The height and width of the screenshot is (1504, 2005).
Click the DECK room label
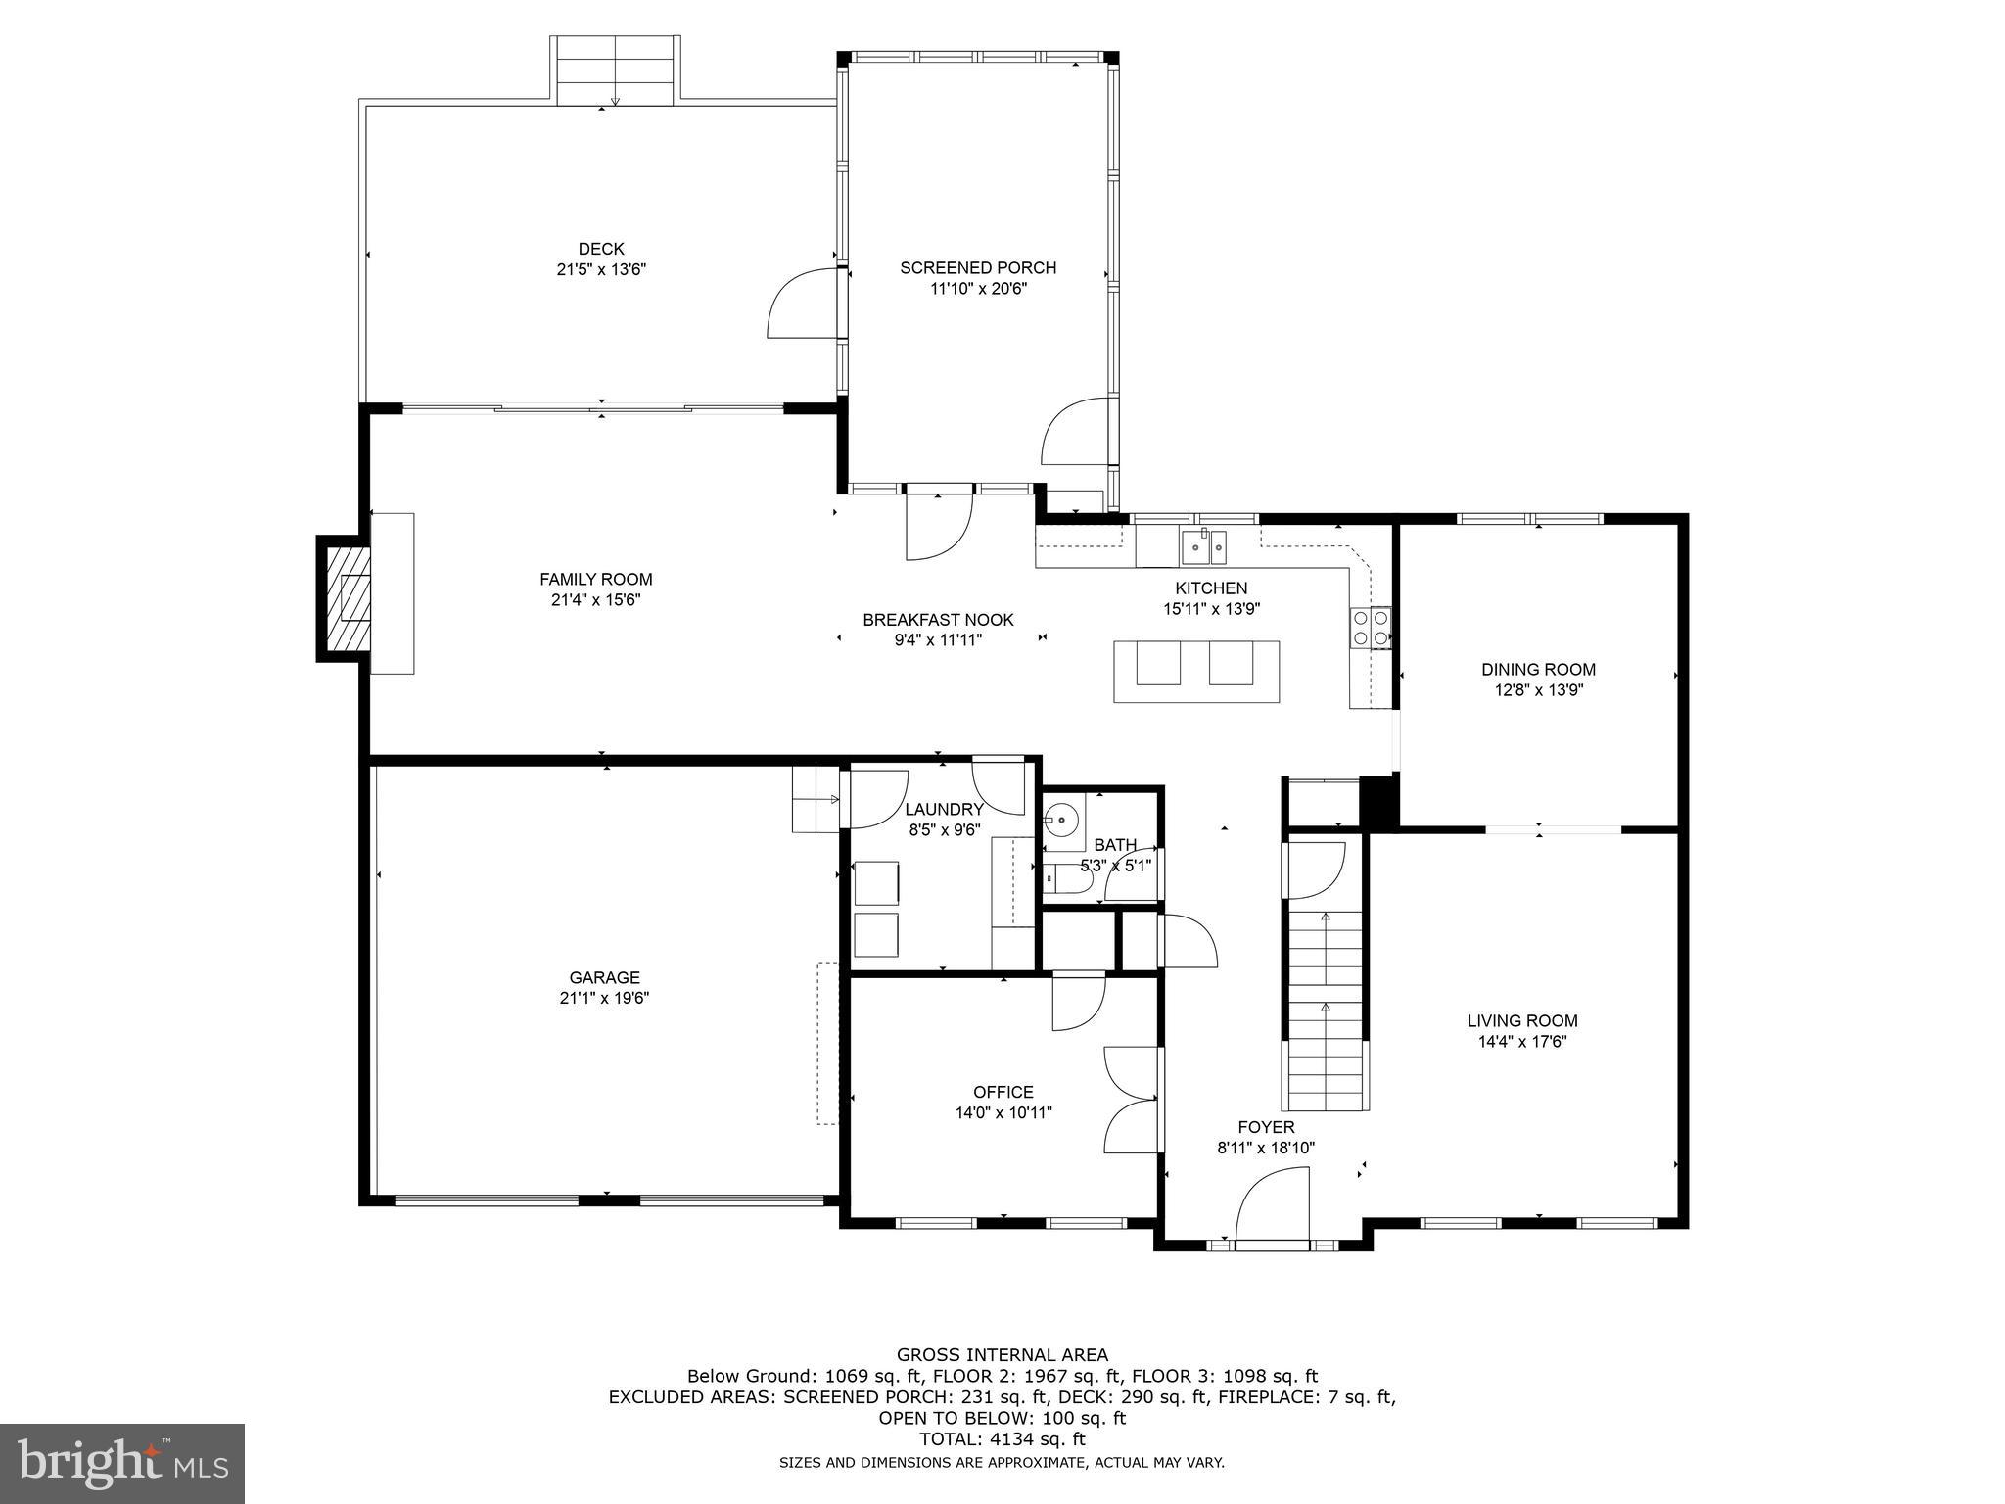click(600, 249)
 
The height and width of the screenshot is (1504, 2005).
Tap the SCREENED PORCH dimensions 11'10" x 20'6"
click(978, 289)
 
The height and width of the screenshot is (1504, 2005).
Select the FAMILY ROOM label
click(595, 579)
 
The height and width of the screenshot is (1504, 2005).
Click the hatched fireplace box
click(345, 599)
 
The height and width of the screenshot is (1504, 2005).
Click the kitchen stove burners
click(1371, 628)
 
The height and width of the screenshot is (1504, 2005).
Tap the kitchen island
click(1195, 671)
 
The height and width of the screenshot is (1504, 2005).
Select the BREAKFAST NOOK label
click(938, 620)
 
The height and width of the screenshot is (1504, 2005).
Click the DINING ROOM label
click(1538, 670)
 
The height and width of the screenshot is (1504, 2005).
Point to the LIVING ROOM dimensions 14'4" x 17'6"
click(1522, 1042)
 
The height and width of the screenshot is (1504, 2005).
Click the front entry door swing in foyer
click(1272, 1211)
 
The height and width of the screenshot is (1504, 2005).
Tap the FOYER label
click(1266, 1127)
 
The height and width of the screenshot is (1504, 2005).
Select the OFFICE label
click(1002, 1092)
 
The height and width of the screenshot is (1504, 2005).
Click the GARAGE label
click(604, 977)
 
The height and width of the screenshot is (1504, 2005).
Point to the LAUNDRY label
click(944, 809)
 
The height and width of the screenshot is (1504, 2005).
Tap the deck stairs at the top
click(615, 70)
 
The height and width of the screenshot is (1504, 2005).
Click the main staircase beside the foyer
click(1326, 1009)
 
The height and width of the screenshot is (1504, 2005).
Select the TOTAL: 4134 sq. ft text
click(1002, 1439)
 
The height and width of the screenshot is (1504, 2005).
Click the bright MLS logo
click(122, 1463)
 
